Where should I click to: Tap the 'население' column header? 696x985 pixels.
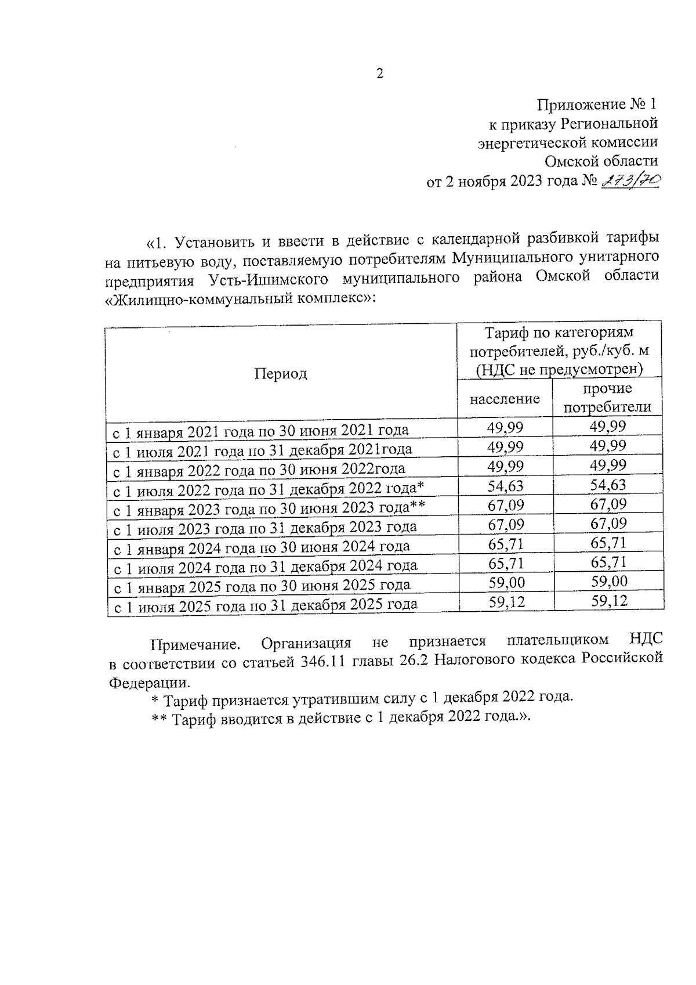pyautogui.click(x=504, y=399)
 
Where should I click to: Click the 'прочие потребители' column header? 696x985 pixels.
pyautogui.click(x=607, y=398)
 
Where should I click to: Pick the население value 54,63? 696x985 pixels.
pyautogui.click(x=505, y=485)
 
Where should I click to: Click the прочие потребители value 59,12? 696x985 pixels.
pyautogui.click(x=609, y=601)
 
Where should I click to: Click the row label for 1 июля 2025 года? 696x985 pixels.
pyautogui.click(x=264, y=605)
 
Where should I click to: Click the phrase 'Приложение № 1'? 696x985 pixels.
pyautogui.click(x=597, y=105)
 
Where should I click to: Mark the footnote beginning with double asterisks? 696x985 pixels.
pyautogui.click(x=341, y=716)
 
